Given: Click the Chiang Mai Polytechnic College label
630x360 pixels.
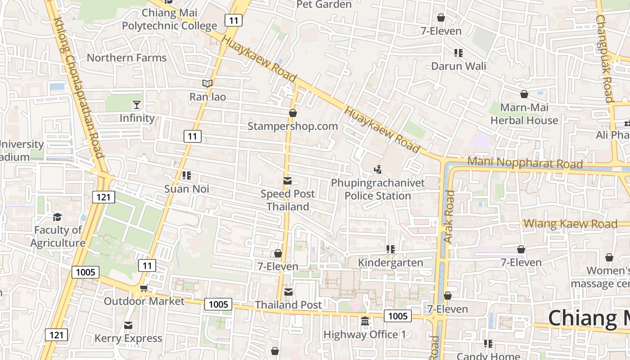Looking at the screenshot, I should pos(170,19).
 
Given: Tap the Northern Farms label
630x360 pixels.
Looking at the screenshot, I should pos(126,58).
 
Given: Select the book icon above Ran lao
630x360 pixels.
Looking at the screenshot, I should pos(207,83).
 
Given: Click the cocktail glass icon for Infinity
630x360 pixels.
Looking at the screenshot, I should pos(137,105).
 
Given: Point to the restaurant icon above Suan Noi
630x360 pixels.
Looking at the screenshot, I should pos(187,175).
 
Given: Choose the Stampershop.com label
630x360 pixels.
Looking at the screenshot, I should pos(292,126).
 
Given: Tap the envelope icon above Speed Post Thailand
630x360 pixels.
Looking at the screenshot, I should pos(287,181).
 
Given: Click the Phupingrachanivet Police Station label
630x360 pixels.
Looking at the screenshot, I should pos(378,189).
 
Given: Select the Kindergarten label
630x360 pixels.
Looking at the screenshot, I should pos(391,262).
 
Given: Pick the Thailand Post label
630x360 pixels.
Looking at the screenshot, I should pos(288,305).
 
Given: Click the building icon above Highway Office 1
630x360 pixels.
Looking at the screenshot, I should pos(365,321).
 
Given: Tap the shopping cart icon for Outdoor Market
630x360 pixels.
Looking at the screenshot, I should pos(144,288).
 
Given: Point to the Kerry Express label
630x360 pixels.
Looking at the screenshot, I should pos(128,338).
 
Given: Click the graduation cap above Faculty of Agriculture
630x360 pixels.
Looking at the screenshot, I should pos(57,217).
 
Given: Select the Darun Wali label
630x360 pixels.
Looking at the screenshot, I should pos(459,66).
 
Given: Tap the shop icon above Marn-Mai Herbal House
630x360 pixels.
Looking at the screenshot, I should pos(524,94).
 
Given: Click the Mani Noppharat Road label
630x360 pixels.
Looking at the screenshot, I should pos(525,162).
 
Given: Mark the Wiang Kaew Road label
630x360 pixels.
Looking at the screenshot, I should pos(570,224).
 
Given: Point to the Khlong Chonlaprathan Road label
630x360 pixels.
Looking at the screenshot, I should pos(79,88).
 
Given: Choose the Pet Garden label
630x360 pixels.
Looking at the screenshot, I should pos(324,4).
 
